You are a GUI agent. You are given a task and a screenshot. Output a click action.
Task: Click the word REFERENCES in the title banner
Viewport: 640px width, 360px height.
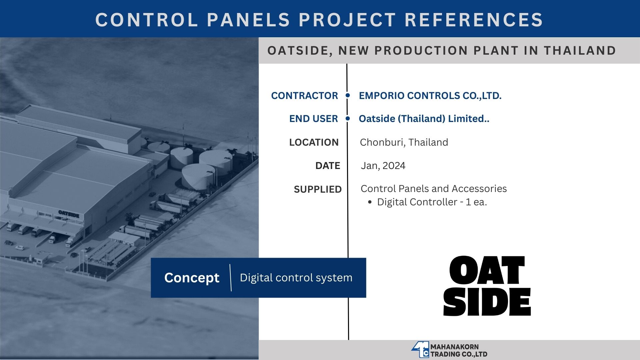[x=474, y=20]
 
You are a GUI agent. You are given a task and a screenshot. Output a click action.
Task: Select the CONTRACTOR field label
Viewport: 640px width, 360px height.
[x=304, y=96]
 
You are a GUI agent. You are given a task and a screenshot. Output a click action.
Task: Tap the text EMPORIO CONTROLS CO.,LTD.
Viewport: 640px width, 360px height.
[x=430, y=96]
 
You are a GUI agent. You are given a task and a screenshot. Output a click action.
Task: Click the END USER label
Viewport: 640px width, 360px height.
[x=313, y=119]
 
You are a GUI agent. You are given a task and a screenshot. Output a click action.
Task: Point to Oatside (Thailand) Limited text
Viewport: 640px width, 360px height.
[x=424, y=119]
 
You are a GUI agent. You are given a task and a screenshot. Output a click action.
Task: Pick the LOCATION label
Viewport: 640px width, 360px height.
[x=314, y=142]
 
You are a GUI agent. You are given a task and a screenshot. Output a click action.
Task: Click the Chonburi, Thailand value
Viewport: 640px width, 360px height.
[x=404, y=142]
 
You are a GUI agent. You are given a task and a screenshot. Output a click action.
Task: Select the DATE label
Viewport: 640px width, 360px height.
[x=328, y=166]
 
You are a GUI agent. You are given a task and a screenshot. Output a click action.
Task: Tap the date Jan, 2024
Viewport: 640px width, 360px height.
[x=383, y=166]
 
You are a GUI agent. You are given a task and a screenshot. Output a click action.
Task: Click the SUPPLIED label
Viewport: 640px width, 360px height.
[x=318, y=189]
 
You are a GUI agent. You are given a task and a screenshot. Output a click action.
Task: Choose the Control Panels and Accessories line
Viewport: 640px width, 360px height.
[x=434, y=189]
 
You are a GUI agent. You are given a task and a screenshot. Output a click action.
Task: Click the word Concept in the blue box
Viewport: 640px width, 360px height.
[x=192, y=278]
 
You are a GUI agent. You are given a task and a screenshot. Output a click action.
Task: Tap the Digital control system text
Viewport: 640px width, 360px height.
[x=296, y=278]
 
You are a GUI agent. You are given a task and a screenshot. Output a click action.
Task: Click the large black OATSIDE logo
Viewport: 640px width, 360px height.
[x=487, y=286]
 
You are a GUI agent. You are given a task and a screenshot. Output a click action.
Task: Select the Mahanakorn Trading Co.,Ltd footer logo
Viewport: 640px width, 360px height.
[x=449, y=350]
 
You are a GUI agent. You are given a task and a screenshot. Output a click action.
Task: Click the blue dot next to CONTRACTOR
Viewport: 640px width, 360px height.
[x=348, y=95]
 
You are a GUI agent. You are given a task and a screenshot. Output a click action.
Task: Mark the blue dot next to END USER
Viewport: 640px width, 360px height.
[x=348, y=118]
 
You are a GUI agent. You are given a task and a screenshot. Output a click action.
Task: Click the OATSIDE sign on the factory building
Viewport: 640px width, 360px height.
[x=69, y=214]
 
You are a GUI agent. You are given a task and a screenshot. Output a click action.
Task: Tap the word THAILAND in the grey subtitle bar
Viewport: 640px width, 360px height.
[x=580, y=51]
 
